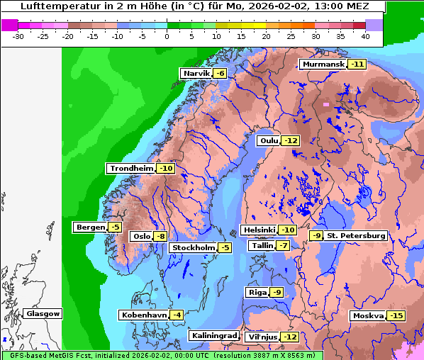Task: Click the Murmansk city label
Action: tap(323, 64)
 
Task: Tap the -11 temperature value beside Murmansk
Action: tap(357, 64)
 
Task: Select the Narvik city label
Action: tap(196, 74)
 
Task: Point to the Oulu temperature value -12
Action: tap(291, 141)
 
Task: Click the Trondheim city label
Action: tap(131, 169)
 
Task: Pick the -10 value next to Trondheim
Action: tap(165, 169)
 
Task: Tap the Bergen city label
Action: tap(89, 227)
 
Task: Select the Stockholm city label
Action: tap(192, 247)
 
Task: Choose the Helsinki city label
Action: tap(259, 230)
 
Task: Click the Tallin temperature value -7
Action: tap(282, 246)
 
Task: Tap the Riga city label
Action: tap(256, 293)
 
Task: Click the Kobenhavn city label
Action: tap(143, 315)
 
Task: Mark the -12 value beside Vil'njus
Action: tap(289, 337)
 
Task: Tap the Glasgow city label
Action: tap(43, 314)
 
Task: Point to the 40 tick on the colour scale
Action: tap(364, 35)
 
